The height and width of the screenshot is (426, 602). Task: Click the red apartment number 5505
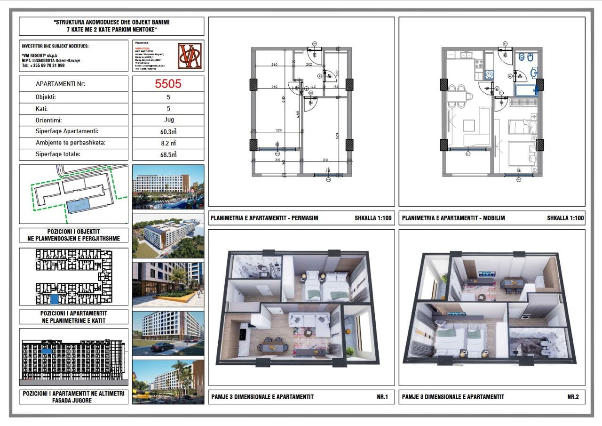(x=168, y=84)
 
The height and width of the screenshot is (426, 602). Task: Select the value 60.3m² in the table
(x=168, y=131)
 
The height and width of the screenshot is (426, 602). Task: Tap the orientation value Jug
(x=168, y=120)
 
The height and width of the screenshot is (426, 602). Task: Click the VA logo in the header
(x=190, y=56)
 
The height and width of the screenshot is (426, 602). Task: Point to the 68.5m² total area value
(x=168, y=154)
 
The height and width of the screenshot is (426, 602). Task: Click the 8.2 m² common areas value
(x=168, y=143)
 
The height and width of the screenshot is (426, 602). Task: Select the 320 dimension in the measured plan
(x=278, y=130)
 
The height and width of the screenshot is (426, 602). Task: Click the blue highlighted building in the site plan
(x=78, y=206)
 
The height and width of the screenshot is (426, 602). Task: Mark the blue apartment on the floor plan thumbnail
(x=55, y=298)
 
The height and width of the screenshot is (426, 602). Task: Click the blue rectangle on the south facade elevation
(x=47, y=350)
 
